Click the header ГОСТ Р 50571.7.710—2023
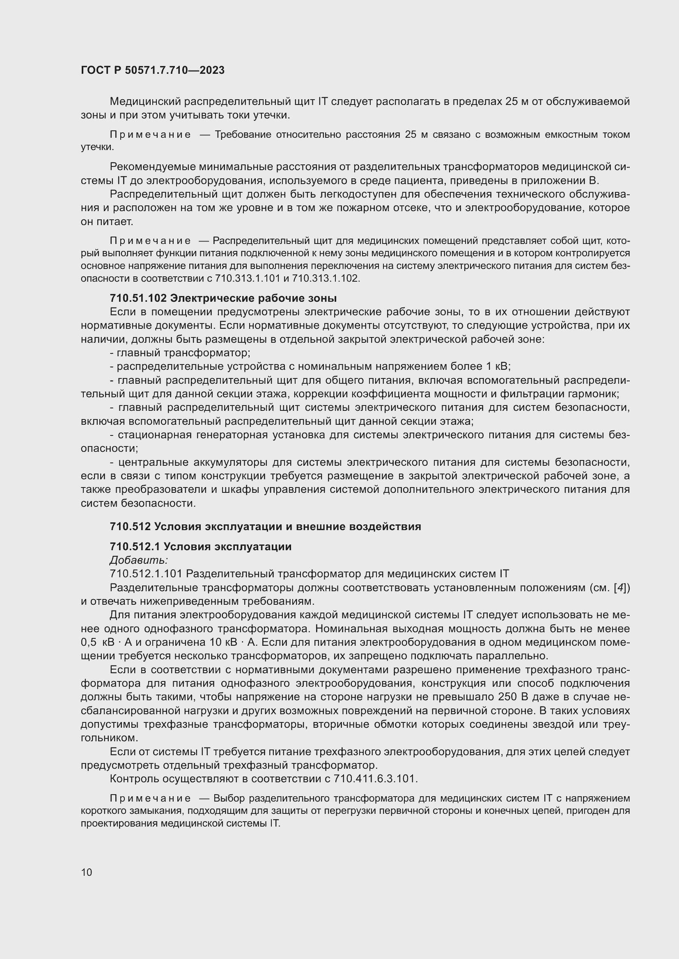point(153,71)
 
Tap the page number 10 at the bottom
point(87,872)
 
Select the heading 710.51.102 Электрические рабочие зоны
point(223,298)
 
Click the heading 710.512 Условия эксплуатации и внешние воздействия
point(265,527)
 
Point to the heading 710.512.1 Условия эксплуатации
point(200,547)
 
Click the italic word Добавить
point(138,560)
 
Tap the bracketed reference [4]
point(620,588)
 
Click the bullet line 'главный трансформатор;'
point(180,353)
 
